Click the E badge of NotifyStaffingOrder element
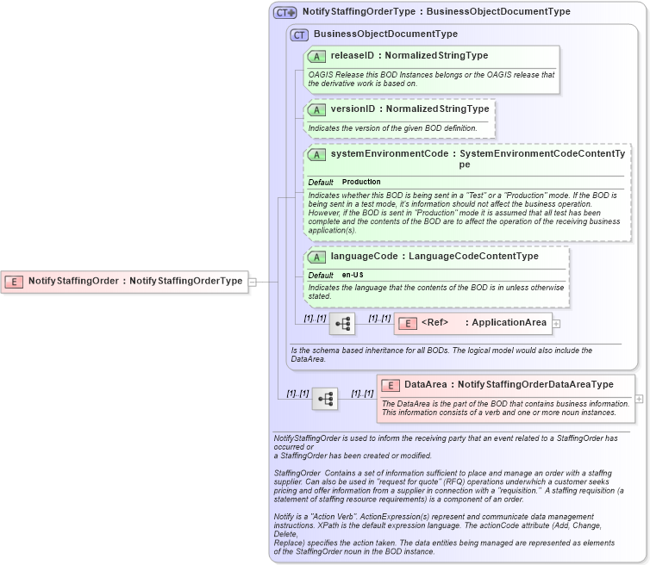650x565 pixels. [x=14, y=281]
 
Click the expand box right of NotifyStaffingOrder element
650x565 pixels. [x=252, y=281]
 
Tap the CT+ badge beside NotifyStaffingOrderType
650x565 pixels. [x=284, y=13]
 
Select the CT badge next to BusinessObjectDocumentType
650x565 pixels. [x=299, y=34]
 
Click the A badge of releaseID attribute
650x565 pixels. [x=316, y=56]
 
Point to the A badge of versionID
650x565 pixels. [x=316, y=110]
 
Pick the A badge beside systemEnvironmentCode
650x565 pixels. [x=316, y=154]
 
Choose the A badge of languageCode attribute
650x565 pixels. [x=316, y=257]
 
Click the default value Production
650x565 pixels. [x=361, y=183]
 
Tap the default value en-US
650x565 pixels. [x=353, y=275]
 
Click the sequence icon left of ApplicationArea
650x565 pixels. [x=342, y=324]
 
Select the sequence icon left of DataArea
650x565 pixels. [x=325, y=399]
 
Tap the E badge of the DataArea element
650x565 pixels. [x=391, y=385]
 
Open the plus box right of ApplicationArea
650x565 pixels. [x=556, y=324]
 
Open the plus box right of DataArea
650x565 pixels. [x=639, y=399]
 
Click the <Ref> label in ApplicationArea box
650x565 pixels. [x=434, y=323]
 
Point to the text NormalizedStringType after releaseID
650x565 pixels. [x=436, y=56]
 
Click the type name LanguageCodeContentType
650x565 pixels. [x=473, y=257]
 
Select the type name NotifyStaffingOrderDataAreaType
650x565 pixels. [x=535, y=385]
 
